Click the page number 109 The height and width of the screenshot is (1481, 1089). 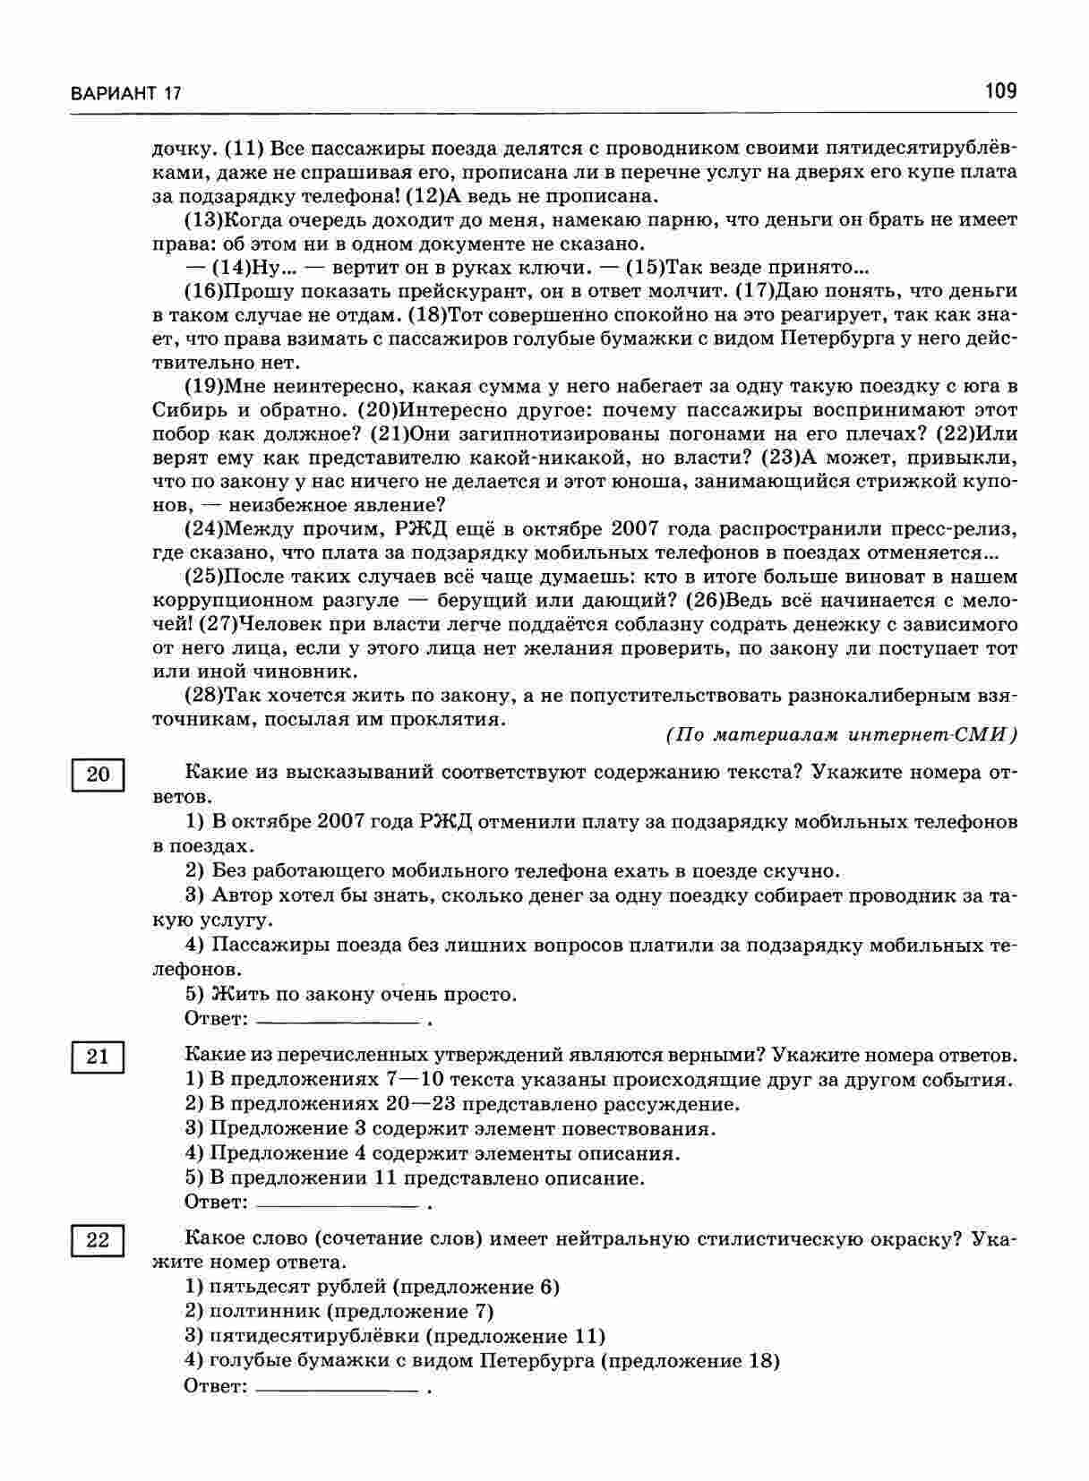point(999,90)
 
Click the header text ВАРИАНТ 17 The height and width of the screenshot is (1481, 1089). point(125,93)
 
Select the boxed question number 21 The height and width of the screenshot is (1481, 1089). point(97,1057)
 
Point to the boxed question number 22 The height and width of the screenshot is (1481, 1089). point(97,1240)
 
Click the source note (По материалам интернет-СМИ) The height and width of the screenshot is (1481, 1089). point(842,735)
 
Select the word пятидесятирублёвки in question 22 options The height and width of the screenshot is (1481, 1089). point(313,1336)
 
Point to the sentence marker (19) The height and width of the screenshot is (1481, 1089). point(202,387)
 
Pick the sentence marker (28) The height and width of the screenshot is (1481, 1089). point(202,696)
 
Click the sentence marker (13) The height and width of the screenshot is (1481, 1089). point(202,219)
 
